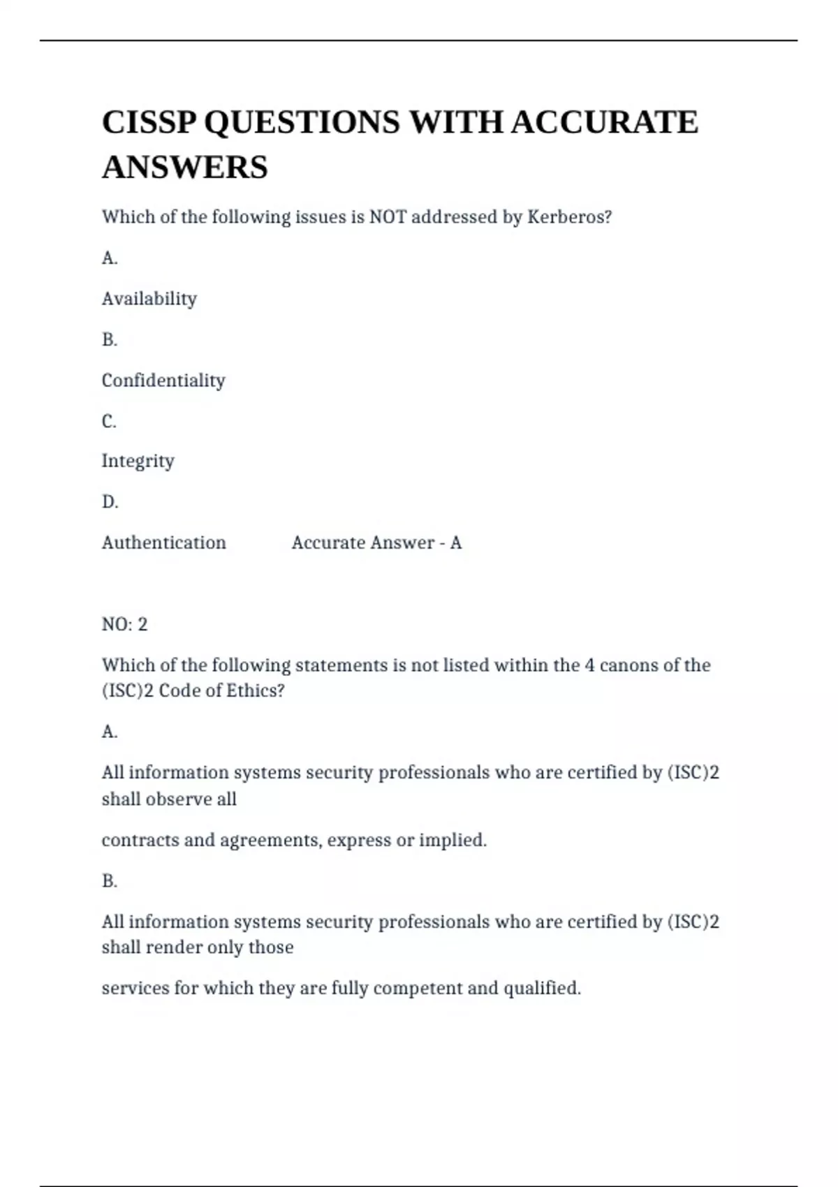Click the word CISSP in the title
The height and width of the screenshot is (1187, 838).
coord(148,122)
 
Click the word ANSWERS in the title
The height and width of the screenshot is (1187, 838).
coord(185,168)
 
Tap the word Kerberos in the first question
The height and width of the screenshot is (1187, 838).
coord(569,217)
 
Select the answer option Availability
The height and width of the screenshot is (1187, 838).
coord(149,299)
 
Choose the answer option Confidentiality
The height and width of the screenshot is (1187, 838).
coord(163,381)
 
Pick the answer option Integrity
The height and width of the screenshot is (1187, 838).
coord(138,461)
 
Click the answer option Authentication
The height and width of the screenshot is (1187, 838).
coord(163,543)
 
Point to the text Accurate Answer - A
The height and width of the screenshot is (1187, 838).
coord(376,543)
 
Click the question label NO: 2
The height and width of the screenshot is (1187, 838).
coord(124,624)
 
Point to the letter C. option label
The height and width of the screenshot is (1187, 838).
coord(109,421)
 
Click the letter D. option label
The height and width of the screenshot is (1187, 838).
coord(110,502)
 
